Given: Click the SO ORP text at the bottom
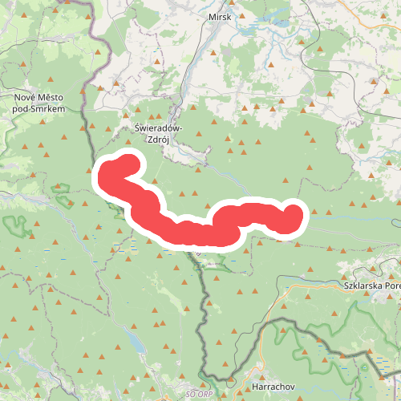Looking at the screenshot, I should click(200, 395).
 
